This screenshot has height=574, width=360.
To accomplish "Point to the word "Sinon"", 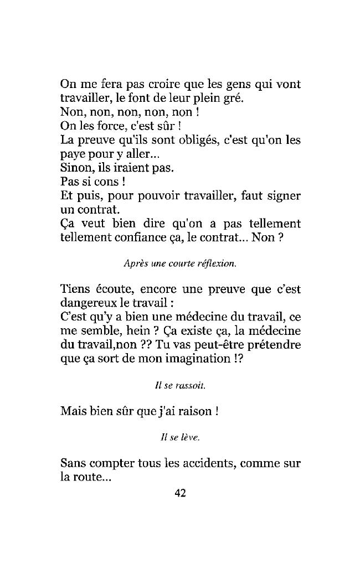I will point(74,167).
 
